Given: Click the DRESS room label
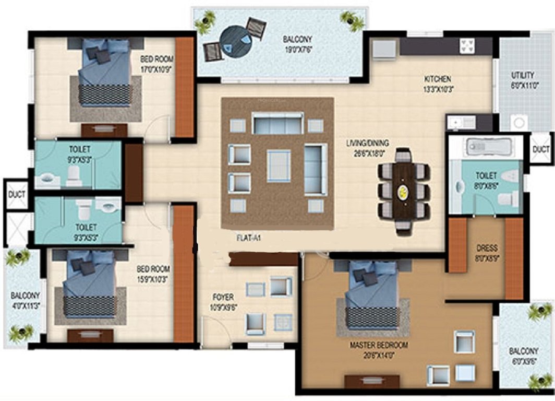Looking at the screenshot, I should [487, 247].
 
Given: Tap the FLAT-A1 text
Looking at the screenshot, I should [248, 238].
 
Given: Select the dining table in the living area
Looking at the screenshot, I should [405, 191].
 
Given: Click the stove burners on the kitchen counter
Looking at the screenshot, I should [466, 46].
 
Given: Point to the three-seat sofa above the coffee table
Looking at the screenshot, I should [278, 124].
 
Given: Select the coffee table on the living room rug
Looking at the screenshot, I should [279, 166].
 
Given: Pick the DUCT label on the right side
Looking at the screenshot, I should [541, 149].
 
